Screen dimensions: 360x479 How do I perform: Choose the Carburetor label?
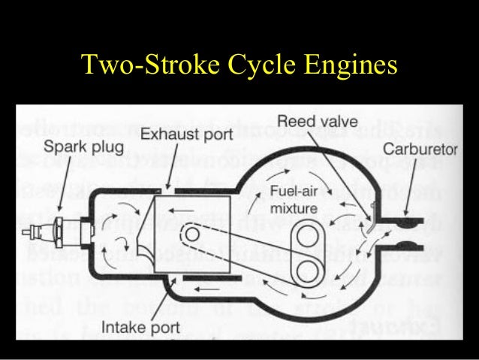(420, 149)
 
